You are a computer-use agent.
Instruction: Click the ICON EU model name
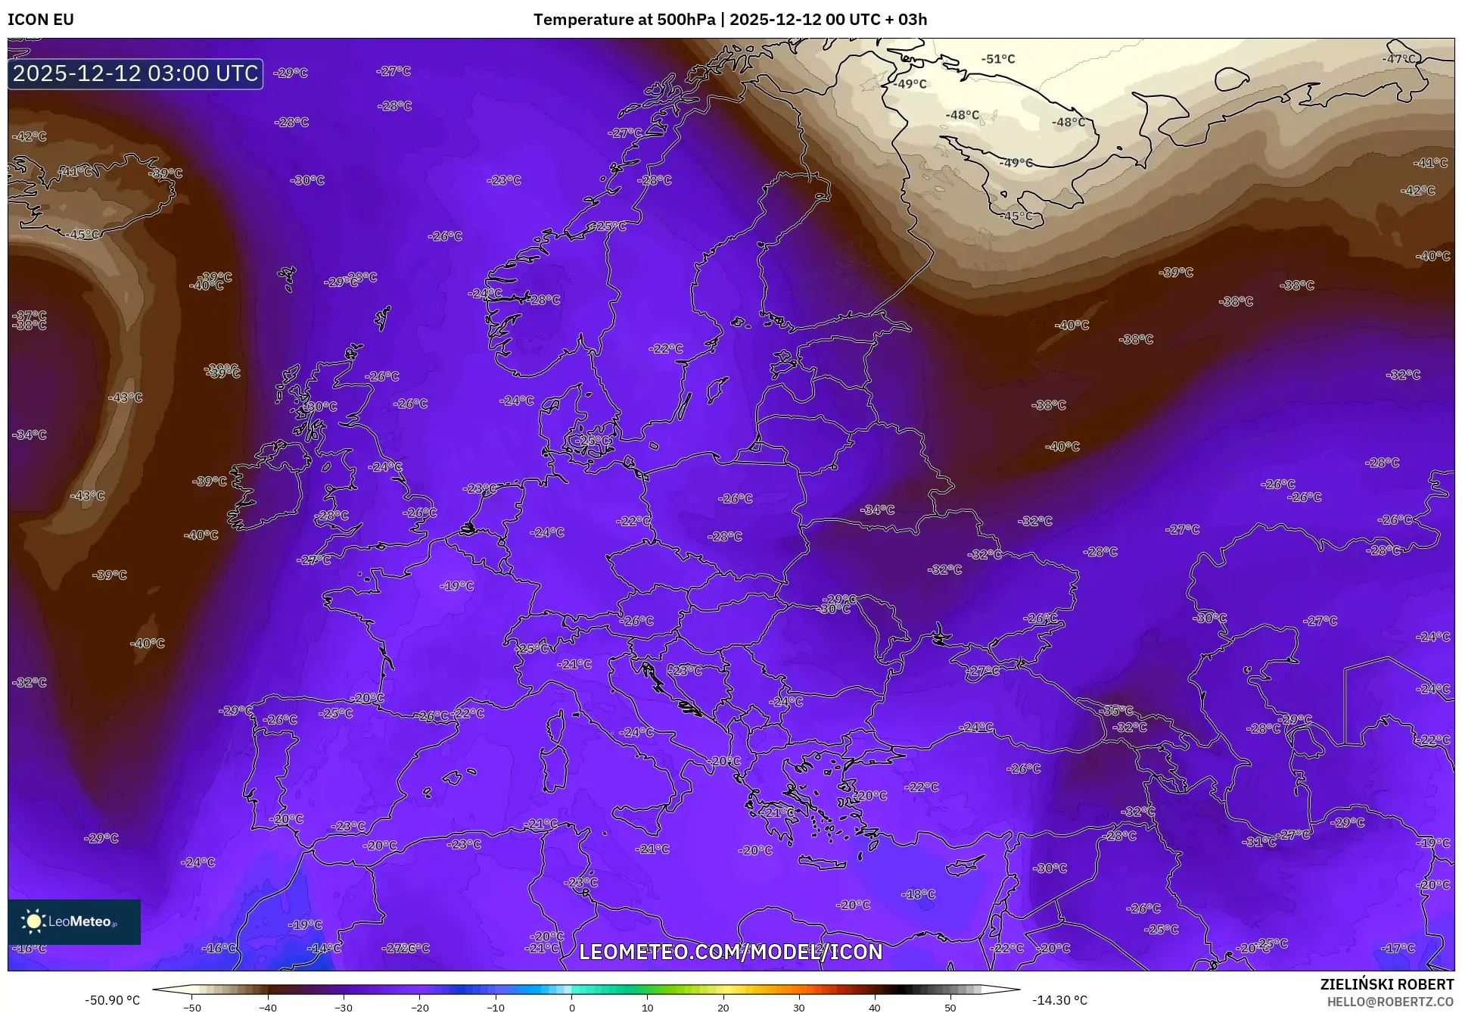tap(41, 20)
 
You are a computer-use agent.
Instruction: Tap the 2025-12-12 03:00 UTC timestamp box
tap(135, 73)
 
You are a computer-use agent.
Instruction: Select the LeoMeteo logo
tap(74, 921)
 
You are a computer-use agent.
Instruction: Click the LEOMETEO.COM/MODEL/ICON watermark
tap(730, 952)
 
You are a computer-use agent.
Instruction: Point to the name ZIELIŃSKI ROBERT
tap(1386, 985)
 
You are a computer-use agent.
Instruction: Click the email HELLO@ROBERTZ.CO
tap(1390, 1001)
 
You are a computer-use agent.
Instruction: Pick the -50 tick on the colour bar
tap(192, 1008)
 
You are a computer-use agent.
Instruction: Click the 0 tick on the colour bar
tap(571, 1008)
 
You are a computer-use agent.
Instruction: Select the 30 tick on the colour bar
tap(799, 1008)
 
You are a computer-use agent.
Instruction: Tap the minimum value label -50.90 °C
tap(112, 1000)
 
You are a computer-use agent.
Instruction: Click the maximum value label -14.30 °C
tap(1059, 1000)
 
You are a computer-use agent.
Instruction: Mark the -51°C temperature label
tap(998, 59)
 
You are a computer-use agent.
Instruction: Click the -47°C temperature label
tap(1399, 59)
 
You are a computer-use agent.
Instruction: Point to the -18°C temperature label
tap(919, 894)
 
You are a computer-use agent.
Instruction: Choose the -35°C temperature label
tap(1117, 711)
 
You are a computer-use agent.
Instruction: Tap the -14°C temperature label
tap(324, 948)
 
